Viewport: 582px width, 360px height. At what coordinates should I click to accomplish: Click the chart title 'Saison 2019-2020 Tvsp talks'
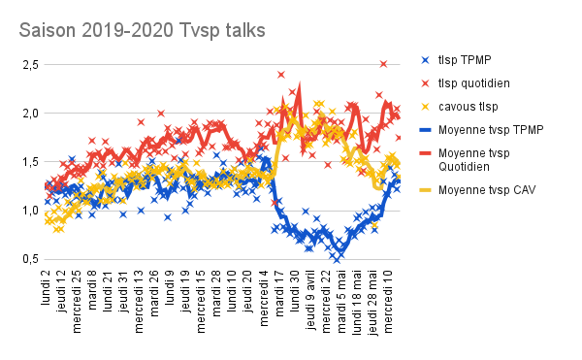[x=143, y=31]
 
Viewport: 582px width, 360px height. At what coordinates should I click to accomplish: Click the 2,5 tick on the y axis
[x=31, y=65]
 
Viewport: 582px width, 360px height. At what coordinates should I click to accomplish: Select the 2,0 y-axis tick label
[x=31, y=114]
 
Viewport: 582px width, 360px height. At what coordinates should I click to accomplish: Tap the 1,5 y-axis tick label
[x=31, y=162]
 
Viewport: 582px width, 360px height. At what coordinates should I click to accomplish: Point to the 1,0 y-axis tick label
[x=31, y=211]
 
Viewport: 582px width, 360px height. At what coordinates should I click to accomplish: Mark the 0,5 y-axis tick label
[x=31, y=259]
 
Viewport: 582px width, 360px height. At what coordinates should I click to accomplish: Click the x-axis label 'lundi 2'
[x=46, y=288]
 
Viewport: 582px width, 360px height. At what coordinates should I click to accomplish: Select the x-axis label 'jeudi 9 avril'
[x=310, y=300]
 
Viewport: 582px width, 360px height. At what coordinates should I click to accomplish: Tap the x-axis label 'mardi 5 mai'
[x=341, y=302]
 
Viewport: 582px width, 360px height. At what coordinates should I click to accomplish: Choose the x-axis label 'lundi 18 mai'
[x=357, y=303]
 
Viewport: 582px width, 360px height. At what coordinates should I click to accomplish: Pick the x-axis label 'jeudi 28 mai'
[x=372, y=303]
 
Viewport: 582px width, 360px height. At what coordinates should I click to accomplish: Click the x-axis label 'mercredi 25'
[x=77, y=302]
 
